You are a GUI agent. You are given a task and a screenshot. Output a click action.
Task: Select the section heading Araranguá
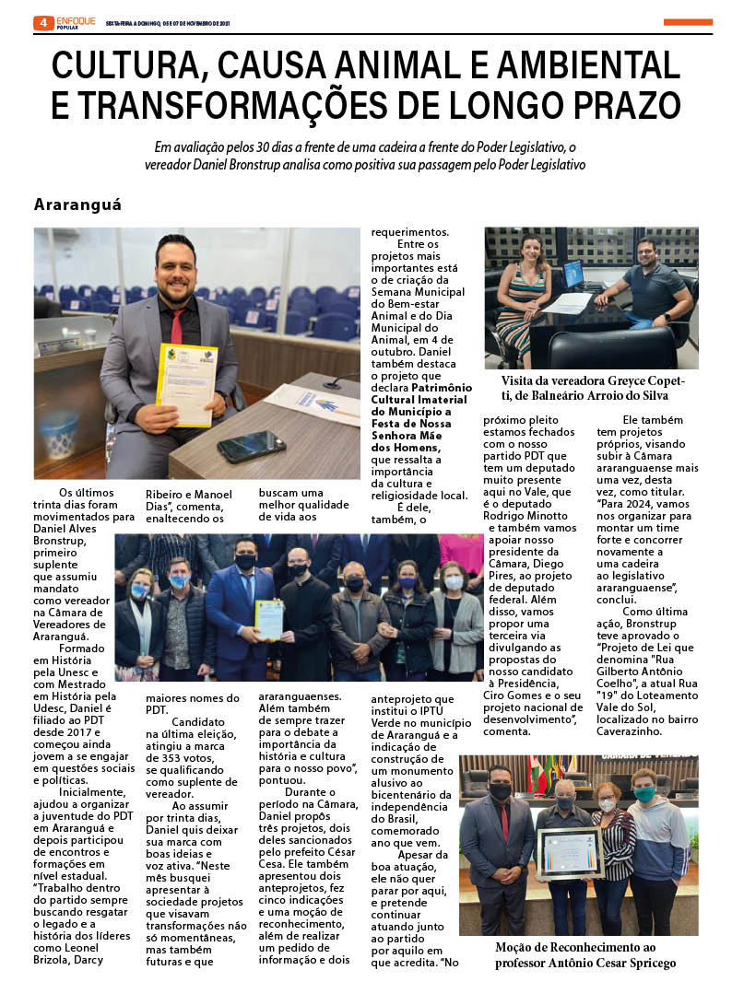tap(77, 205)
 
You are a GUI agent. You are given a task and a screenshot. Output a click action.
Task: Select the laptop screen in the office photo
tap(573, 274)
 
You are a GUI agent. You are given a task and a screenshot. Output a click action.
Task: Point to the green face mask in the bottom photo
tap(643, 793)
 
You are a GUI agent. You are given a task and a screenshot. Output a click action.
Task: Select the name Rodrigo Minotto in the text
tap(527, 515)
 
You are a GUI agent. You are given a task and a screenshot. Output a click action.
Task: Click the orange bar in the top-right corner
tap(687, 22)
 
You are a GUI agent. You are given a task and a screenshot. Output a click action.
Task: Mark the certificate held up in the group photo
tap(268, 619)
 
